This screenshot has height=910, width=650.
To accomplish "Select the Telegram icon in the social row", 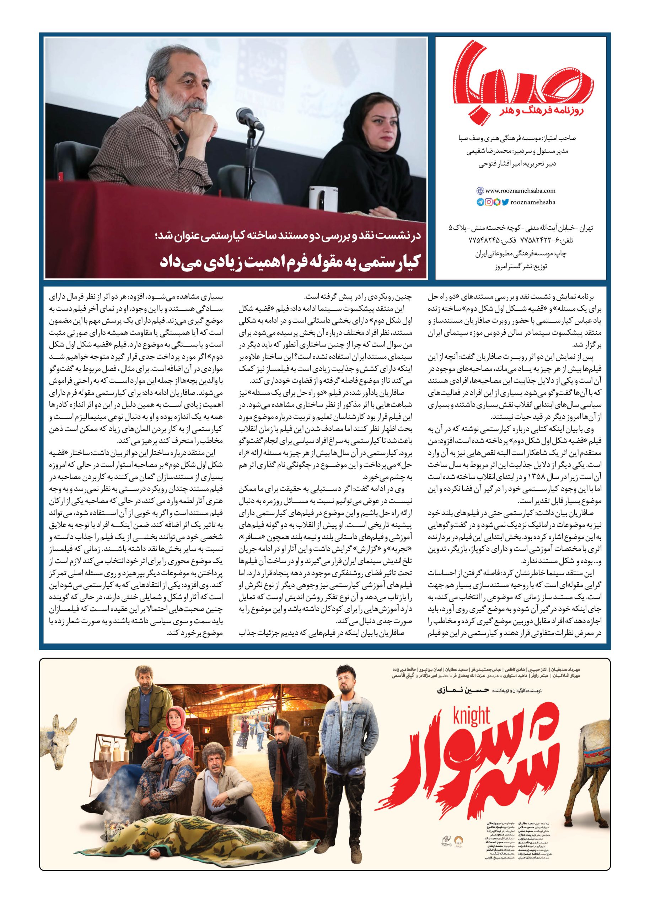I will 480,202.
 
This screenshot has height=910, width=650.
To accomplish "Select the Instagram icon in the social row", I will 489,202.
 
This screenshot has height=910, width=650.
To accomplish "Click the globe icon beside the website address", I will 480,191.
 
